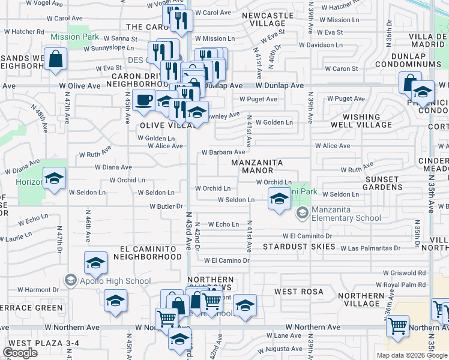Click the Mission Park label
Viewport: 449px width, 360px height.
pos(74,37)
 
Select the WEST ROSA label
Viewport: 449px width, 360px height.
pos(299,292)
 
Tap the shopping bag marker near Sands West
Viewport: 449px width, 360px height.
pos(55,59)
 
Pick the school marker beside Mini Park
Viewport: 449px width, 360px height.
pos(279,198)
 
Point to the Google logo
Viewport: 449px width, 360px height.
pos(20,353)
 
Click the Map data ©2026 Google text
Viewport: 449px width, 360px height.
pos(412,355)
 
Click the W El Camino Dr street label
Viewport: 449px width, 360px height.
pos(226,260)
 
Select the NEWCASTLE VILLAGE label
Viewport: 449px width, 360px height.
pos(270,19)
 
